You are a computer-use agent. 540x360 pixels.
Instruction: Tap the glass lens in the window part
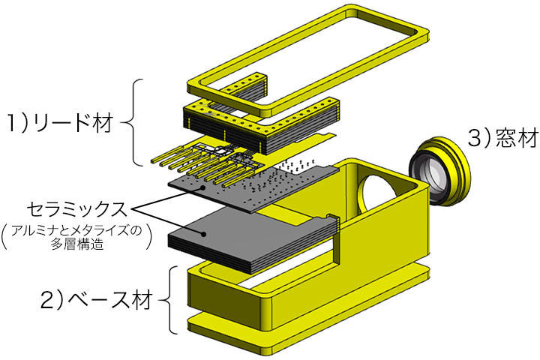[x=434, y=169]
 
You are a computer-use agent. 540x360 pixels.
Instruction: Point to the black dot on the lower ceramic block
[x=204, y=233]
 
